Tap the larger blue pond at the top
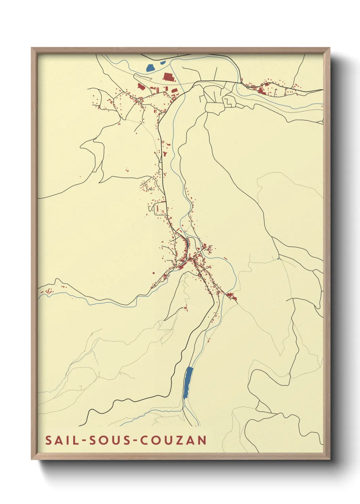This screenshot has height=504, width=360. pos(150,68)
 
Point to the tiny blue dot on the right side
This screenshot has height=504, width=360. pos(278,259)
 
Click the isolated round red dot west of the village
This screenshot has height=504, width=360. pos(153,273)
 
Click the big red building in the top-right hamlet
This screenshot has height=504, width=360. pos(261,90)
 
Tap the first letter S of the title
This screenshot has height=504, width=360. pos(48,440)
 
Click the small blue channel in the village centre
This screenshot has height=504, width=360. pos(187,243)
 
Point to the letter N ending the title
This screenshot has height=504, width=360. pos(203,440)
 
